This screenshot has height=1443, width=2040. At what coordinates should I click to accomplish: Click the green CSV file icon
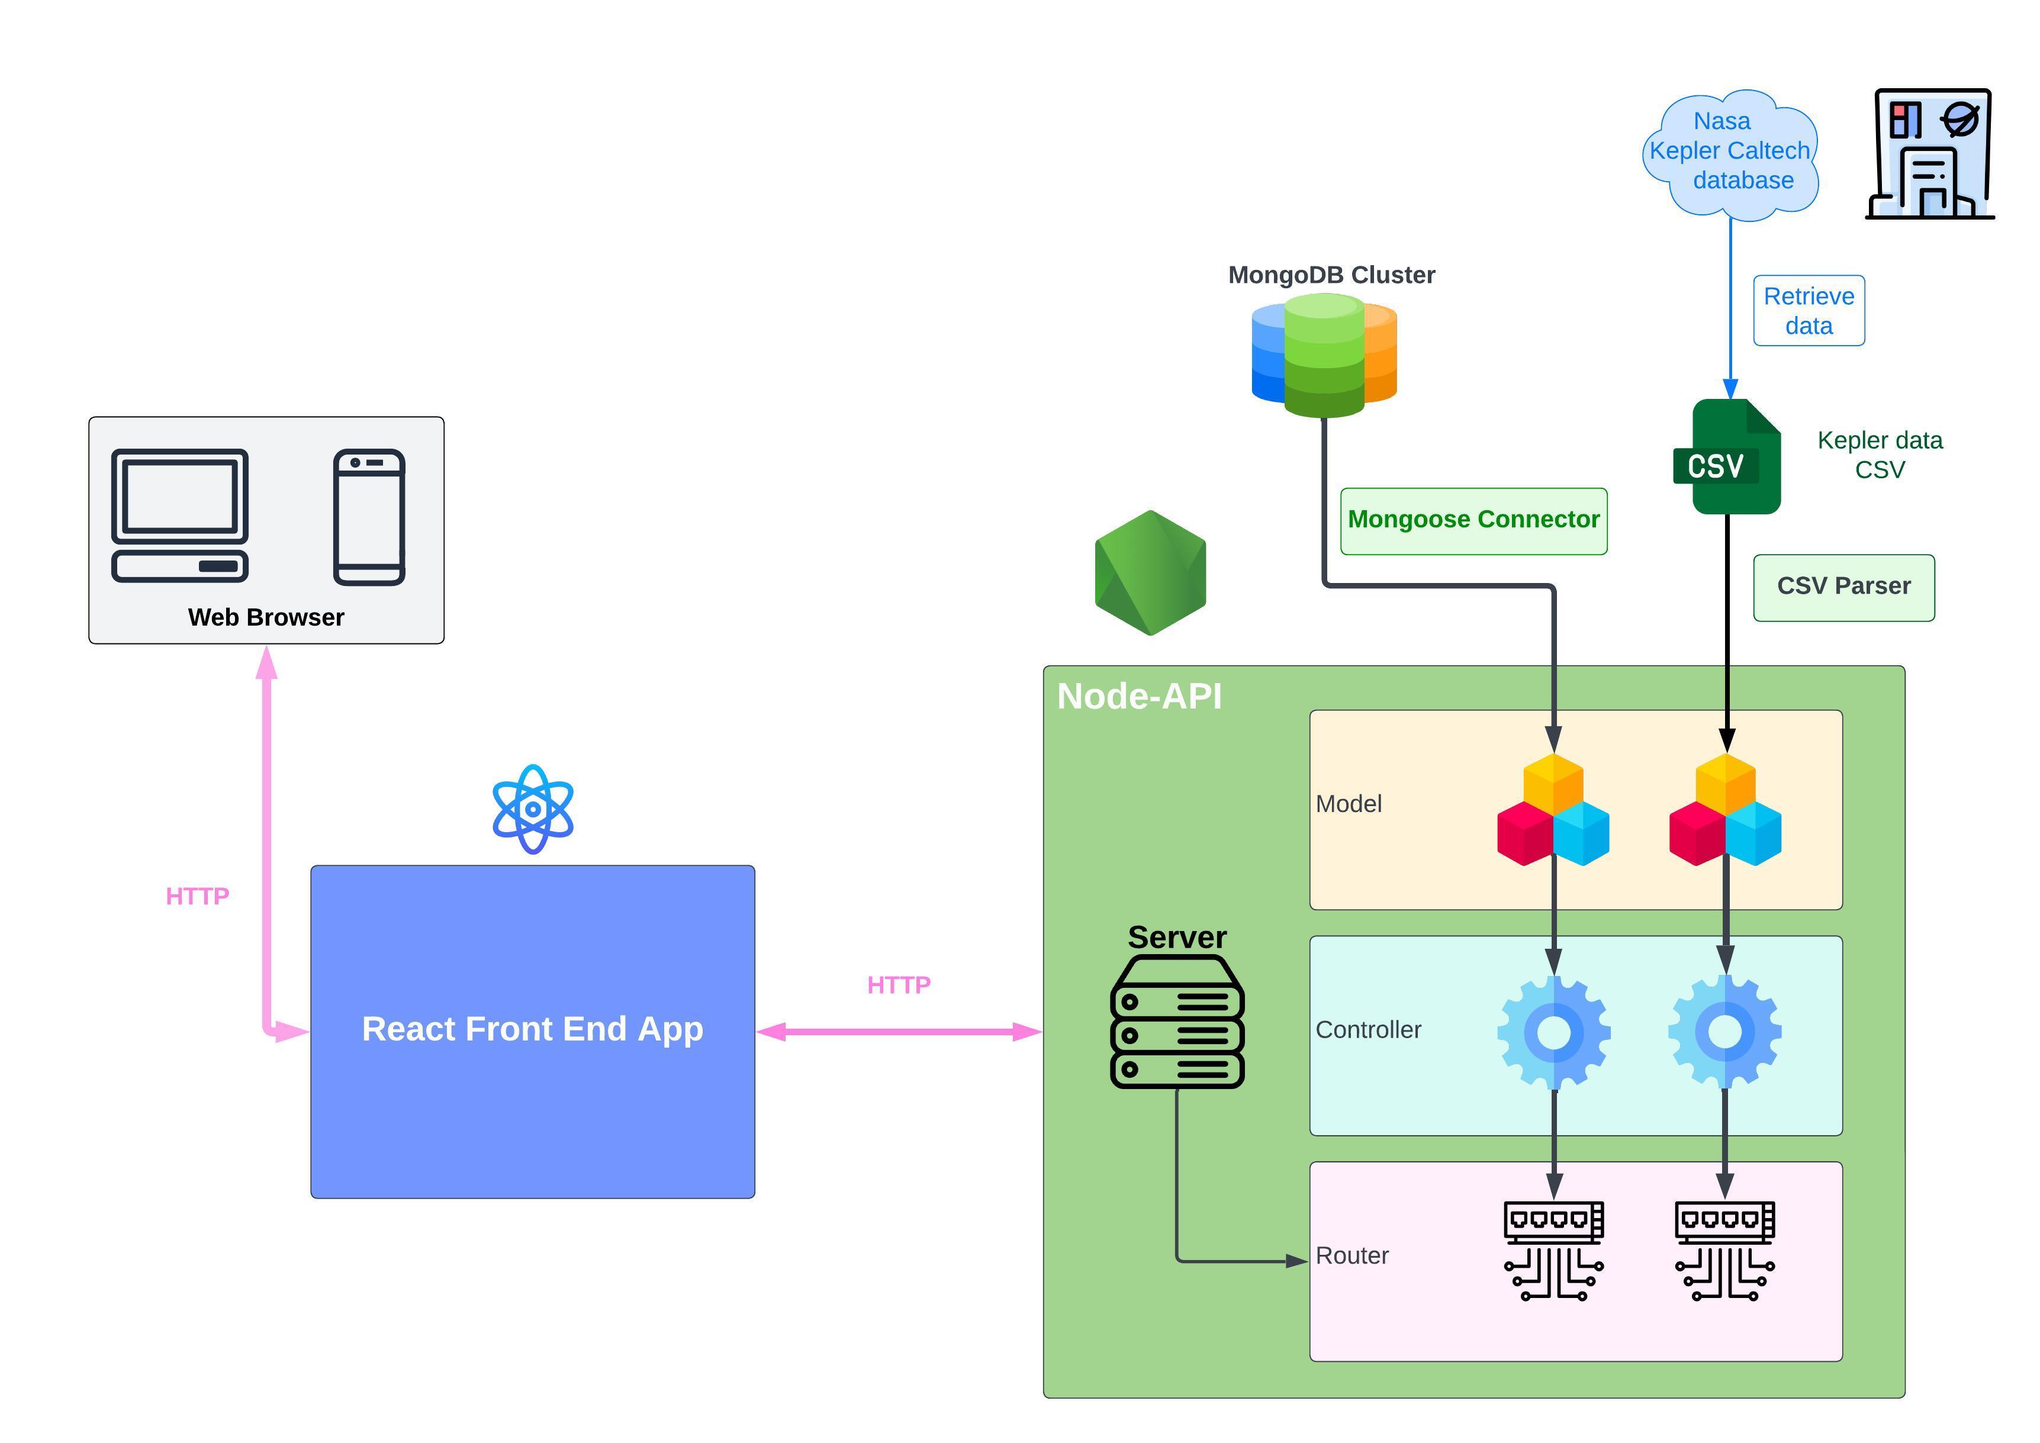[x=1728, y=457]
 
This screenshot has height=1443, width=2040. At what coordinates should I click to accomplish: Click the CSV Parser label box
[x=1843, y=587]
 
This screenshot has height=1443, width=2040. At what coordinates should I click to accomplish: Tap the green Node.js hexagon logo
[x=1151, y=573]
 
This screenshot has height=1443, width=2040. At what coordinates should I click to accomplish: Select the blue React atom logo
[x=533, y=809]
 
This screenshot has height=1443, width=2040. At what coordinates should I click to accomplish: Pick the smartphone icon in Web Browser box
[x=369, y=517]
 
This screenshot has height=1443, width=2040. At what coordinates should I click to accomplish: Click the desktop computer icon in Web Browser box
[x=179, y=516]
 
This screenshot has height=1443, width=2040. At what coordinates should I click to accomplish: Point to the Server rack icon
[x=1177, y=1022]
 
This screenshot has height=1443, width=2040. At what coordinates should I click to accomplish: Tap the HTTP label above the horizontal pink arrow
[x=898, y=985]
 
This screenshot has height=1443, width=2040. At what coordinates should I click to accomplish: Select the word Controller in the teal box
[x=1368, y=1030]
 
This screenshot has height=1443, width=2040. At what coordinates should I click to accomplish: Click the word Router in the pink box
[x=1352, y=1255]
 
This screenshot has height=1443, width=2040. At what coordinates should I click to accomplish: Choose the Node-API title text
[x=1139, y=697]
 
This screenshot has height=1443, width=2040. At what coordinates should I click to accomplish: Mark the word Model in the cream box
[x=1348, y=804]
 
